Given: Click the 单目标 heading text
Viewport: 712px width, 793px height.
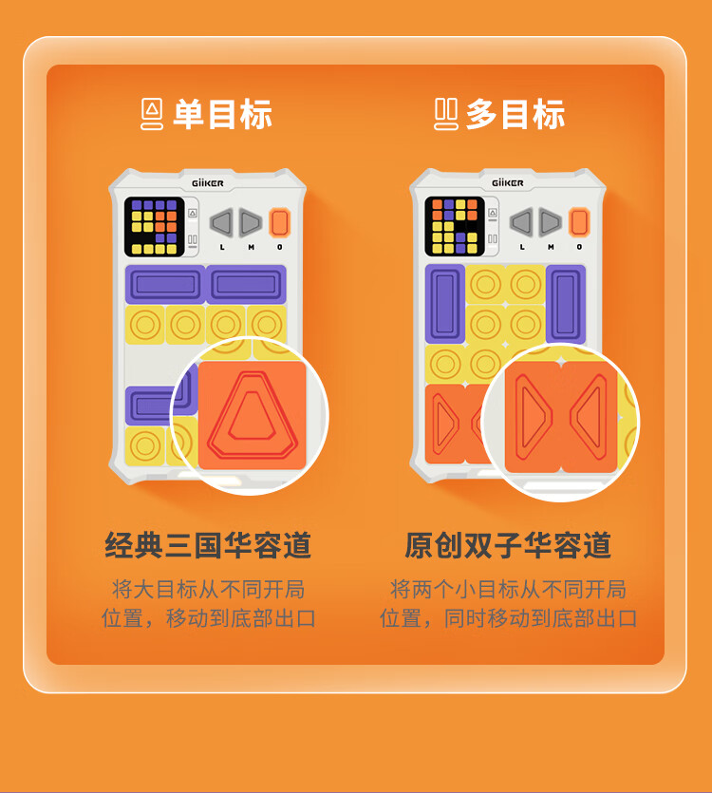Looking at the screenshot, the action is point(222,114).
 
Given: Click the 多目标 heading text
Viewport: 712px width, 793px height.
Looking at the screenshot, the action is point(515,114).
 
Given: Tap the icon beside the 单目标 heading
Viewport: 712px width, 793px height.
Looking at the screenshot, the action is point(152,114).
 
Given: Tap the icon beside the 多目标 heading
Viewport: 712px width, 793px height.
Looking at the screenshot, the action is point(446,114).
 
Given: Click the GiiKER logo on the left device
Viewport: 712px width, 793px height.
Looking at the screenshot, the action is point(207,183).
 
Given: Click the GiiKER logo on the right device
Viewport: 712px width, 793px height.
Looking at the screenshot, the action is point(508,182).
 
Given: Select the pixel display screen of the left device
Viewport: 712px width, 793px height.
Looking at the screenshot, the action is point(154,227).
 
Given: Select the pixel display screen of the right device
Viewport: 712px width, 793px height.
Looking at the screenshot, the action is point(455,226).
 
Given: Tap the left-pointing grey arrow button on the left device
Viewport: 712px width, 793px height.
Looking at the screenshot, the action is point(221,222).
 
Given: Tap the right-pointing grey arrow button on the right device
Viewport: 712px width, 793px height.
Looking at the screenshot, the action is point(551,222).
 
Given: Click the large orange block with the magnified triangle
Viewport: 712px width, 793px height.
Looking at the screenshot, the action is point(252,415).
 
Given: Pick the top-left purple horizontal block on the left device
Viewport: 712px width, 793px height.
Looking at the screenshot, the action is point(165,284).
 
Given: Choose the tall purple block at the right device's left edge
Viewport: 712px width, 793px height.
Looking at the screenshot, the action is point(445,304).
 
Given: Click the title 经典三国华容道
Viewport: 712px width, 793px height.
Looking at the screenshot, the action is point(208,545).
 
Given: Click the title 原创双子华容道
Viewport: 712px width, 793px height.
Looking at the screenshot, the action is point(508,545).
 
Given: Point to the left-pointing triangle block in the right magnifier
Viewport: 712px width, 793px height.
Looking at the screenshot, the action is point(590,417).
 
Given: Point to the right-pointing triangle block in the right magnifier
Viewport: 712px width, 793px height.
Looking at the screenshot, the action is point(533,417).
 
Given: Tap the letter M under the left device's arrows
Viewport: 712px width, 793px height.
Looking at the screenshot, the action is point(251,247).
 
